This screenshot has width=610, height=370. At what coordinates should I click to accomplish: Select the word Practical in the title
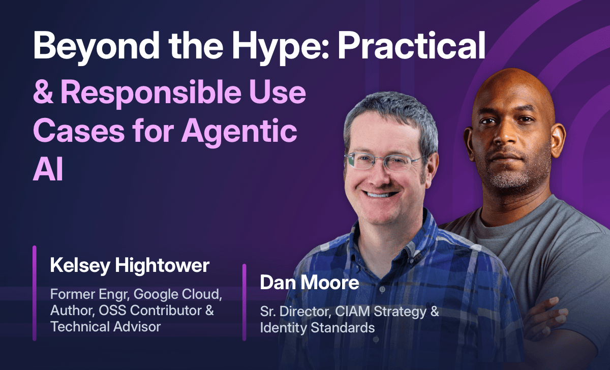click(412, 47)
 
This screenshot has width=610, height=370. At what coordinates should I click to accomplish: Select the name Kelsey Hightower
click(130, 265)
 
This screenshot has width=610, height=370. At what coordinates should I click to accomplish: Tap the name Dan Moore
click(309, 283)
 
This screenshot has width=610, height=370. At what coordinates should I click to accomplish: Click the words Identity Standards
click(317, 327)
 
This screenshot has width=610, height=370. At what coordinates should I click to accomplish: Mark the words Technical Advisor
click(105, 326)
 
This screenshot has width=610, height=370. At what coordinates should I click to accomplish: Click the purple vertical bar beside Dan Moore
click(245, 302)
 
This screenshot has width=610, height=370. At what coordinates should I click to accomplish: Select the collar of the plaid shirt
click(356, 231)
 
